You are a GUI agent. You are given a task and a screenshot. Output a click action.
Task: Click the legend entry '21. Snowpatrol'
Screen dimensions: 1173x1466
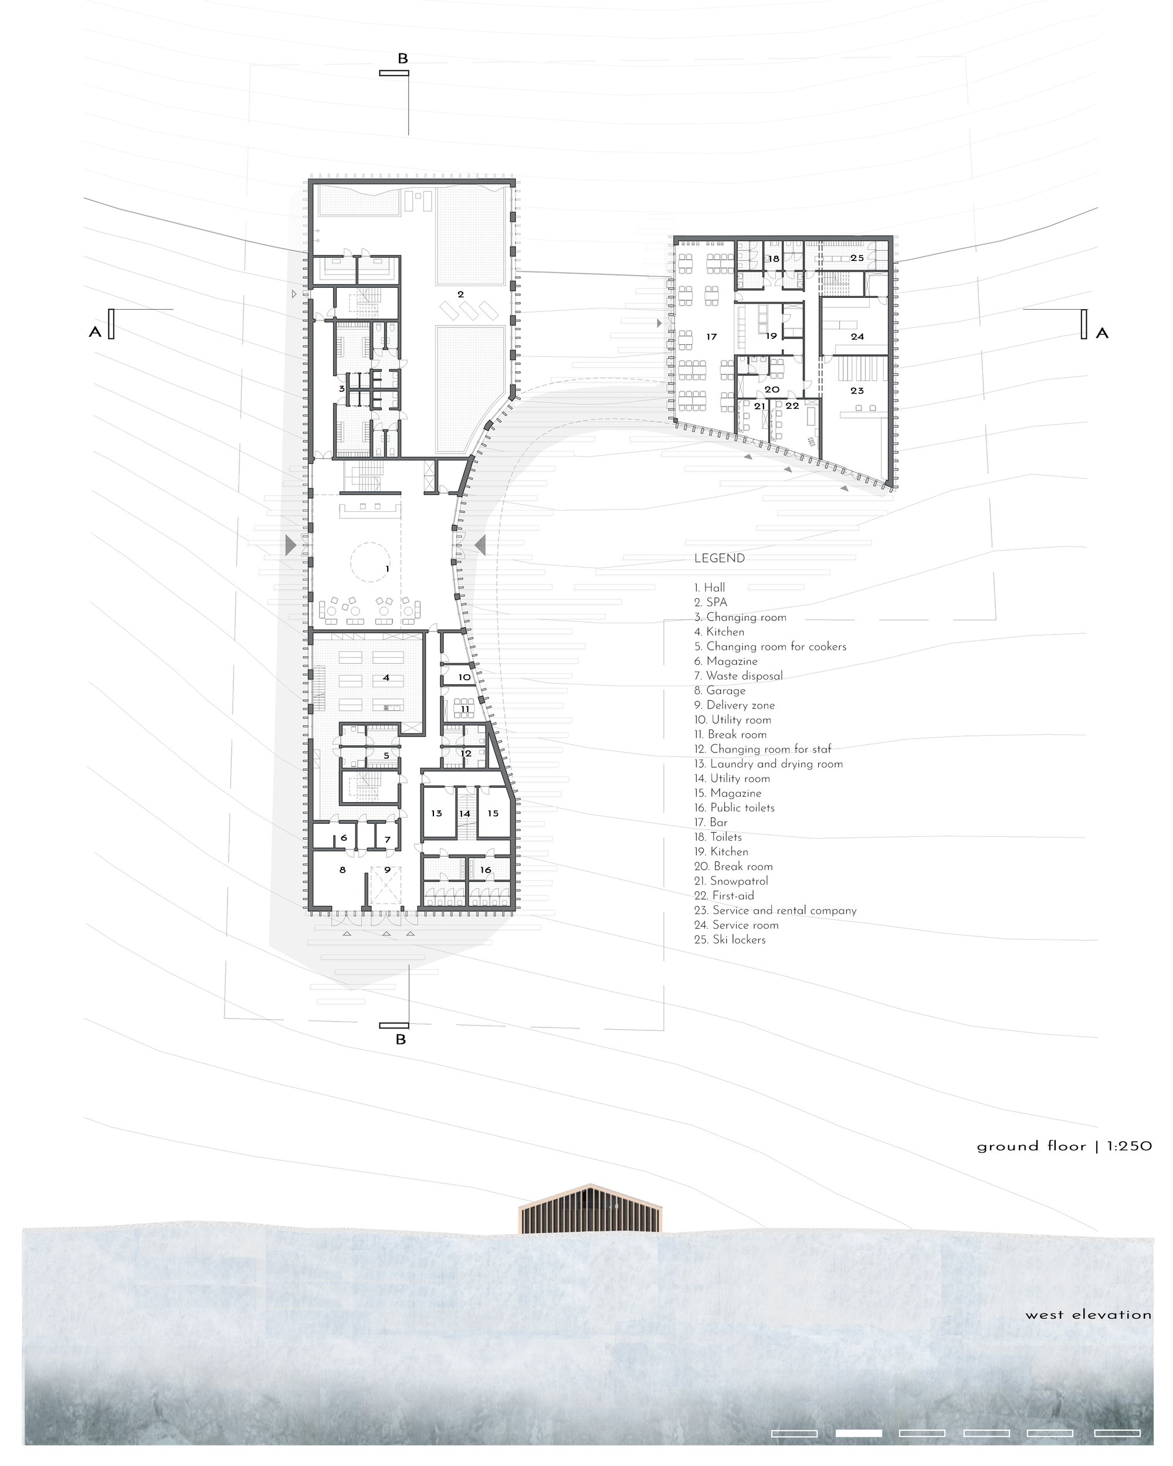point(731,881)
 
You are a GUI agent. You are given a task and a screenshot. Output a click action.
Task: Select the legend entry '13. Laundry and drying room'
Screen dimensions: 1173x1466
point(768,763)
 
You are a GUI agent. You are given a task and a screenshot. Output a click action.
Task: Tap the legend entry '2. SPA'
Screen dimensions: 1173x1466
point(711,602)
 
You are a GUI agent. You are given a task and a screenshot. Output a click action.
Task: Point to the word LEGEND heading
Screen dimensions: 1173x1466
point(720,558)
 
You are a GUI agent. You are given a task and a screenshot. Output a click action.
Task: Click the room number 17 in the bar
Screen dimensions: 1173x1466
point(711,337)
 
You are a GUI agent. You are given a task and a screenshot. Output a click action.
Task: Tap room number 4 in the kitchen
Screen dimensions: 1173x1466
point(387,678)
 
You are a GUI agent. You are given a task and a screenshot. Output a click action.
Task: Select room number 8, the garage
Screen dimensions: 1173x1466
point(343,870)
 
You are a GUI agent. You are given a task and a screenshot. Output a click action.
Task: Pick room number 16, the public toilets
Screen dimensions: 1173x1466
point(486,870)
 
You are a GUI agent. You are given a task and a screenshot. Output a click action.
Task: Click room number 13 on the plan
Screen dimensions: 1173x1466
point(436,813)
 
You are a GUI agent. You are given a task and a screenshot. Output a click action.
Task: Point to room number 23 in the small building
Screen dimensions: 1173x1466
point(857,391)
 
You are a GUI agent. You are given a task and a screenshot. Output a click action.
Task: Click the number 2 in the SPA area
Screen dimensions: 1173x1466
point(461,294)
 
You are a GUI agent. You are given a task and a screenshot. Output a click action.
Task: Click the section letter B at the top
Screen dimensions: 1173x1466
point(402,59)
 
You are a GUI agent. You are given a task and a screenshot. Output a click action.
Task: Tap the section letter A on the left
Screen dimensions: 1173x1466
point(94,332)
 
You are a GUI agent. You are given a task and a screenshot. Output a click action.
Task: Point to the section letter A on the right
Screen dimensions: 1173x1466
point(1101,333)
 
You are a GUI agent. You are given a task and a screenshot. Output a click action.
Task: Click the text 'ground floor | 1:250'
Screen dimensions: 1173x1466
point(1064,1146)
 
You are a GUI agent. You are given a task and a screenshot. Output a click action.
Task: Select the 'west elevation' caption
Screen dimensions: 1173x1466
point(1089,1315)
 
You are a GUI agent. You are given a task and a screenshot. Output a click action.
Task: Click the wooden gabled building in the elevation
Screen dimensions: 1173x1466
point(590,1209)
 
